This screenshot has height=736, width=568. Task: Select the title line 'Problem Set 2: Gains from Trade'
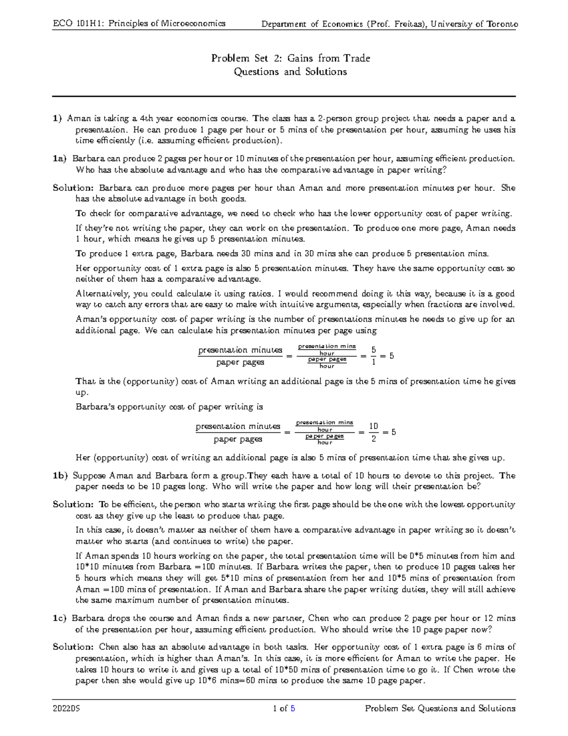click(290, 58)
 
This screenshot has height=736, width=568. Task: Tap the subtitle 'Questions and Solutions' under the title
click(290, 72)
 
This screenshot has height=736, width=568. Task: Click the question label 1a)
click(60, 159)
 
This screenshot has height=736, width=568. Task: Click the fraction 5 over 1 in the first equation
click(374, 356)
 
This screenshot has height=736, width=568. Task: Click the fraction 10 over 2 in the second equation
click(374, 432)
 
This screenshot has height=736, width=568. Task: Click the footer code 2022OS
click(66, 709)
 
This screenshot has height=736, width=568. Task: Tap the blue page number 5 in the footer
click(293, 709)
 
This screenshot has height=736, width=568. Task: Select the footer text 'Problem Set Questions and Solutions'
click(440, 709)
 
